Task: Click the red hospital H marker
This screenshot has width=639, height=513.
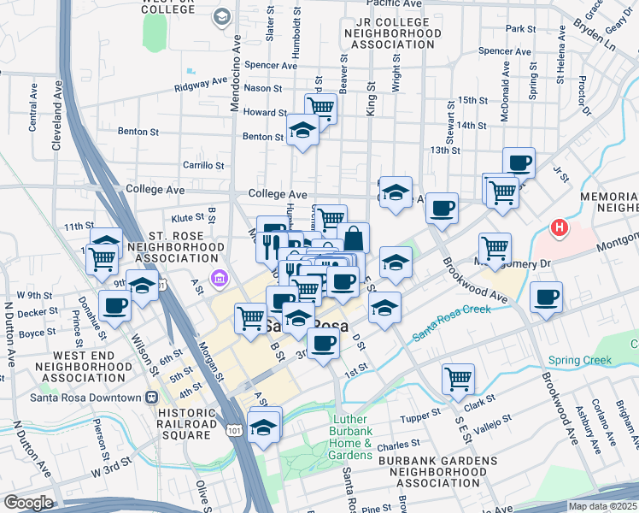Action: pos(559,228)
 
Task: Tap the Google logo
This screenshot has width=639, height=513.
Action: pos(27,503)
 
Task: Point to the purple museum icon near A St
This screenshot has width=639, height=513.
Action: pos(220,277)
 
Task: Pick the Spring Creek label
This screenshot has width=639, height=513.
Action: pos(580,360)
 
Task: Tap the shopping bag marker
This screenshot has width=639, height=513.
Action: pos(354,238)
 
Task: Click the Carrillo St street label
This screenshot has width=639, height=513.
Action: pos(203,165)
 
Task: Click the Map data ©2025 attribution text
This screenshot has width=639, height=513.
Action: pos(603,506)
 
